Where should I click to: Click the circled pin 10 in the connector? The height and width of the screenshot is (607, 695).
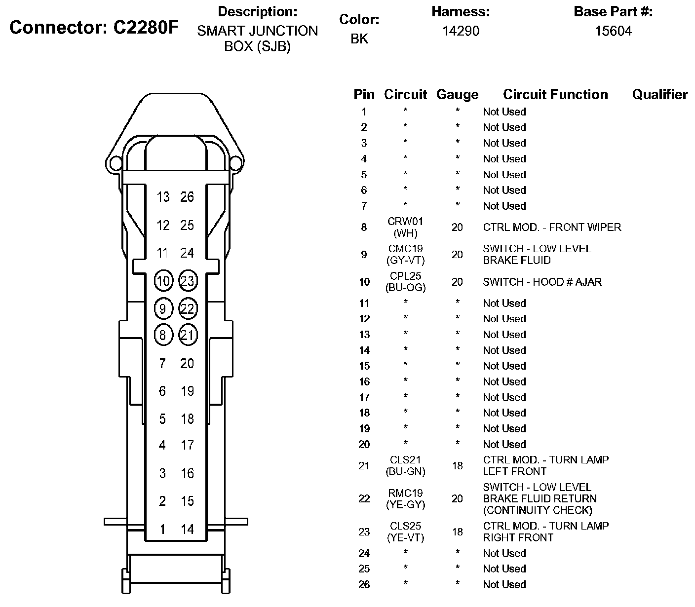click(163, 281)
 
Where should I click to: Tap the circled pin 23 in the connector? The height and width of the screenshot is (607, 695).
click(188, 281)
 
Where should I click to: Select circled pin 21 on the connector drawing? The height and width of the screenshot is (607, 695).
click(188, 336)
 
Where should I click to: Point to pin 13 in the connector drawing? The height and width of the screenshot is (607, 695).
click(163, 197)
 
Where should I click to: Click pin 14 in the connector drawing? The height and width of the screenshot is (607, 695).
click(188, 530)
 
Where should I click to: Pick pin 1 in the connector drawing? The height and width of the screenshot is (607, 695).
click(162, 530)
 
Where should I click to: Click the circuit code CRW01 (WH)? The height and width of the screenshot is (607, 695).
click(405, 228)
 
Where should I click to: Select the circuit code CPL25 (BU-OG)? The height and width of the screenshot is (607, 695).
click(405, 282)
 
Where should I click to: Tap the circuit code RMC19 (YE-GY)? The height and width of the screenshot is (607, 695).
click(405, 499)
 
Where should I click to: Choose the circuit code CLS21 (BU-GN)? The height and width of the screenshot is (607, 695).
click(405, 465)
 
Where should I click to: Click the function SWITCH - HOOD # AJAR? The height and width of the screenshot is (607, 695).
click(542, 282)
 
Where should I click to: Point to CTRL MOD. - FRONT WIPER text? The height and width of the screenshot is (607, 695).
click(552, 228)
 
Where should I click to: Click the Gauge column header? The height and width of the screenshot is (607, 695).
click(457, 95)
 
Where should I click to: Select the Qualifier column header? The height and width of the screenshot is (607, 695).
click(659, 95)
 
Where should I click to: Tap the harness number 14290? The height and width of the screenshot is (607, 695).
click(461, 31)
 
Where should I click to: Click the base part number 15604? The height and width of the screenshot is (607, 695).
click(613, 31)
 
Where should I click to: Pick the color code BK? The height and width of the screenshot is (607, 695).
click(359, 38)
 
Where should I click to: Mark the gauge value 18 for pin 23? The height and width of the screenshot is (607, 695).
click(457, 532)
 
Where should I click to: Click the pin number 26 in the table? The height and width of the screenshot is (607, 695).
click(364, 585)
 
